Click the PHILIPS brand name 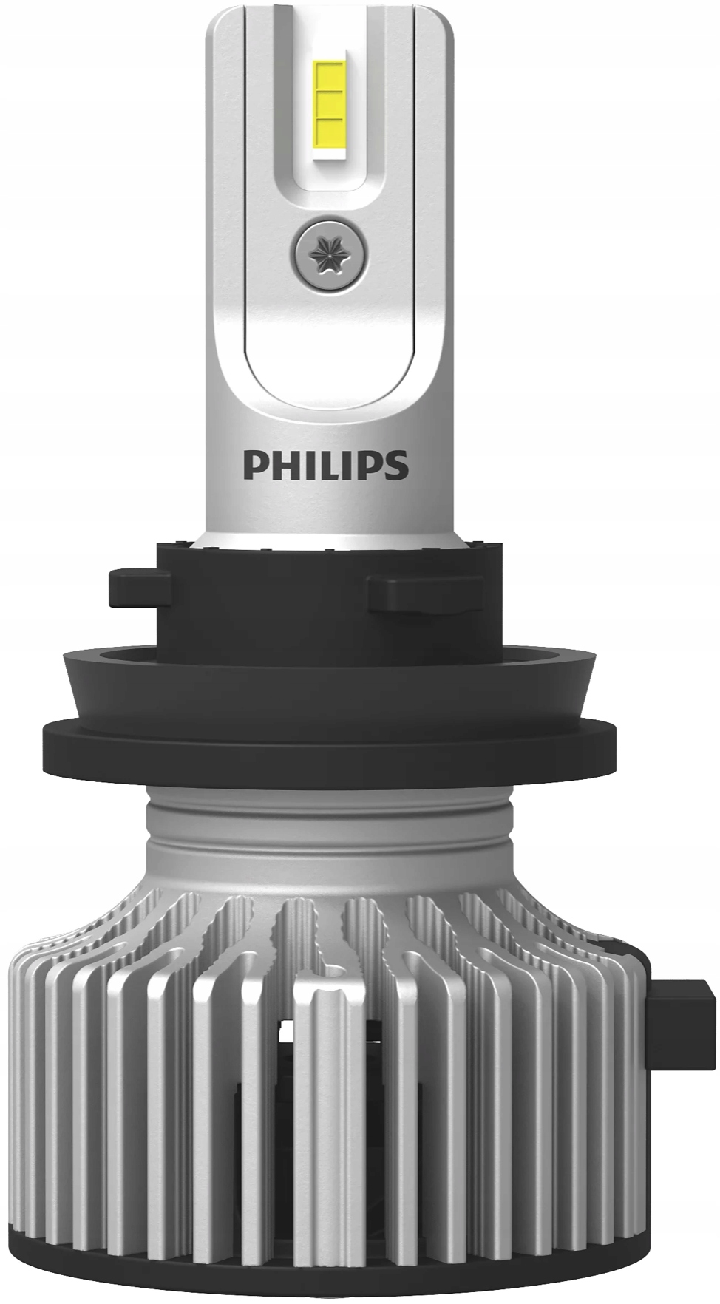point(325,465)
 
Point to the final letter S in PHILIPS point(397,465)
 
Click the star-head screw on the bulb point(328,254)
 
